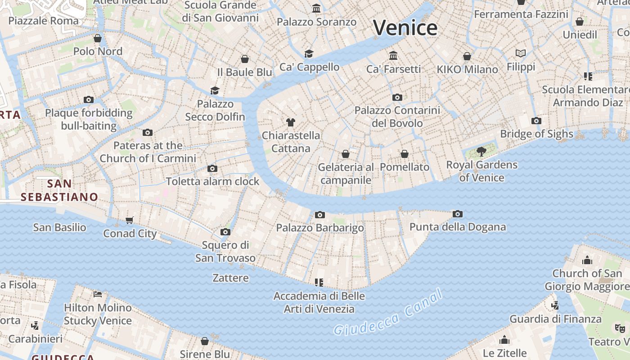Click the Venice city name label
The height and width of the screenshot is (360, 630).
coord(405,28)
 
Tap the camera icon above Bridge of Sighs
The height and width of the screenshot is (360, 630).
coord(536,121)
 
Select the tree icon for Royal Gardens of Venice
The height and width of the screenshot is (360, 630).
coord(481,151)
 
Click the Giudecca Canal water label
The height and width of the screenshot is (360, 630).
coord(388,314)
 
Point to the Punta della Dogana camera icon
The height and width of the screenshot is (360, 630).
coord(458,214)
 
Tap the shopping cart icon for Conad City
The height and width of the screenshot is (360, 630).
coord(130,220)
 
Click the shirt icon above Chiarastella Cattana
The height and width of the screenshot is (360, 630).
coord(290,122)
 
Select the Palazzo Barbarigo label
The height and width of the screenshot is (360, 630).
coord(320,228)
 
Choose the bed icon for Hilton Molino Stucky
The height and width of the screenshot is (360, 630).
coord(98,294)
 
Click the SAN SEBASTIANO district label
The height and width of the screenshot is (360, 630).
coord(59,190)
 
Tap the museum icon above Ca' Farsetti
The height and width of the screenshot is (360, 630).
coord(393,55)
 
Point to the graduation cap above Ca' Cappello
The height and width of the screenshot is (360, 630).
coord(309,54)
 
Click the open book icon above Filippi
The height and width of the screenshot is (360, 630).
coord(521,53)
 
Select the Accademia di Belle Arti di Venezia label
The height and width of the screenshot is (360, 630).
coord(319,302)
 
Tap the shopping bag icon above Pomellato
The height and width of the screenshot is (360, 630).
coord(405,154)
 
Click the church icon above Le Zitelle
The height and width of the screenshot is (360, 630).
coord(504,339)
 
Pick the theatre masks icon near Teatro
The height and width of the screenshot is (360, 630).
coord(620,328)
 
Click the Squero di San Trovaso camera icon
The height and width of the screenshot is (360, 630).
coord(225,232)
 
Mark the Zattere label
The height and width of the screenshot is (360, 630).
coord(230,278)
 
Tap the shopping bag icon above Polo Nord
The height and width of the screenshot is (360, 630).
coord(98,38)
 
